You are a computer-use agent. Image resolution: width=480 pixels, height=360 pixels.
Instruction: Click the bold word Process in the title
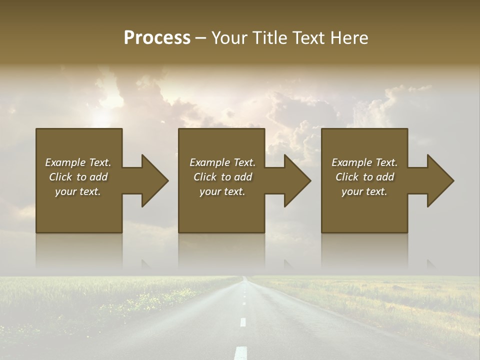coord(157,38)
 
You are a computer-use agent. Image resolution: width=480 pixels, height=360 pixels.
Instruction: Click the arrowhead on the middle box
coord(297,180)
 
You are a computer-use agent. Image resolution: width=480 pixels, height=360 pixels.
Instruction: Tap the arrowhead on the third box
coord(440,180)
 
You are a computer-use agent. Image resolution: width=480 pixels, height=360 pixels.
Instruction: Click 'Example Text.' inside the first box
coord(78,162)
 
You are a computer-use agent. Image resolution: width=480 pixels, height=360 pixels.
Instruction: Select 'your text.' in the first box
coord(78,191)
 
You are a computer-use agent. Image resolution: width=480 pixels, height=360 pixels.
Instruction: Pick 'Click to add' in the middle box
coord(222,177)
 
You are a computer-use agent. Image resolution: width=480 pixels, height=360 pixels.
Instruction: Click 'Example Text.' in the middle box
coord(222,162)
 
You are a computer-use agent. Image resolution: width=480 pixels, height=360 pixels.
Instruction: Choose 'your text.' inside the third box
coord(364,191)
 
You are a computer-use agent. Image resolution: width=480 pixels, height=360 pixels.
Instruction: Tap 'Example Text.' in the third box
coord(364,162)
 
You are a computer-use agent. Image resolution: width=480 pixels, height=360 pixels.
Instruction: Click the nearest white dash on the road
coord(241,352)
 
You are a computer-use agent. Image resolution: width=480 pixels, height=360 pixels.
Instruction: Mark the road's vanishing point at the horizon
coord(243,276)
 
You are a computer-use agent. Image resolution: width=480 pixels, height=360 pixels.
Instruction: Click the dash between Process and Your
coord(200,38)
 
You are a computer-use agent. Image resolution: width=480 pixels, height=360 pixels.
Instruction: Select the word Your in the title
coord(228,38)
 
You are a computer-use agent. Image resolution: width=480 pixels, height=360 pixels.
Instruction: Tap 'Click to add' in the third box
coord(364,177)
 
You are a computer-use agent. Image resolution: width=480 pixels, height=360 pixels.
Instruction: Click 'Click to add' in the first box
coord(78,177)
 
